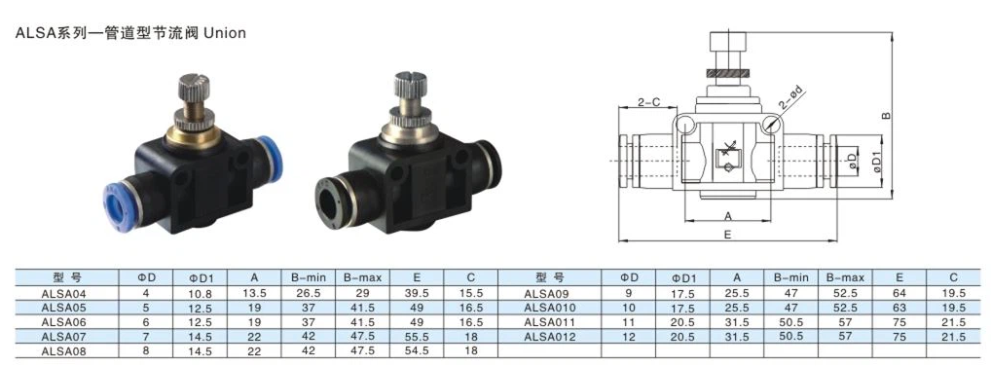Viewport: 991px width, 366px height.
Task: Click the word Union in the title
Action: point(225,33)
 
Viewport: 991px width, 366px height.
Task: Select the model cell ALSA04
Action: point(64,293)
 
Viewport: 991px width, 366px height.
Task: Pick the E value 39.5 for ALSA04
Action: point(416,293)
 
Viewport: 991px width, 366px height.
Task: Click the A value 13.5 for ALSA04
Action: point(254,293)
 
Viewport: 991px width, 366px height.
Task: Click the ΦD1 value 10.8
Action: point(200,293)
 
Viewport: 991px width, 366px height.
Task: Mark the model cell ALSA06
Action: point(64,321)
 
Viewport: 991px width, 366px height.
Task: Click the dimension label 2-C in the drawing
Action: point(649,101)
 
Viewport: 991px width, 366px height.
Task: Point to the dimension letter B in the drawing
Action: point(886,115)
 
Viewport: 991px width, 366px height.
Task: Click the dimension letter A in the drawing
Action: point(727,215)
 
